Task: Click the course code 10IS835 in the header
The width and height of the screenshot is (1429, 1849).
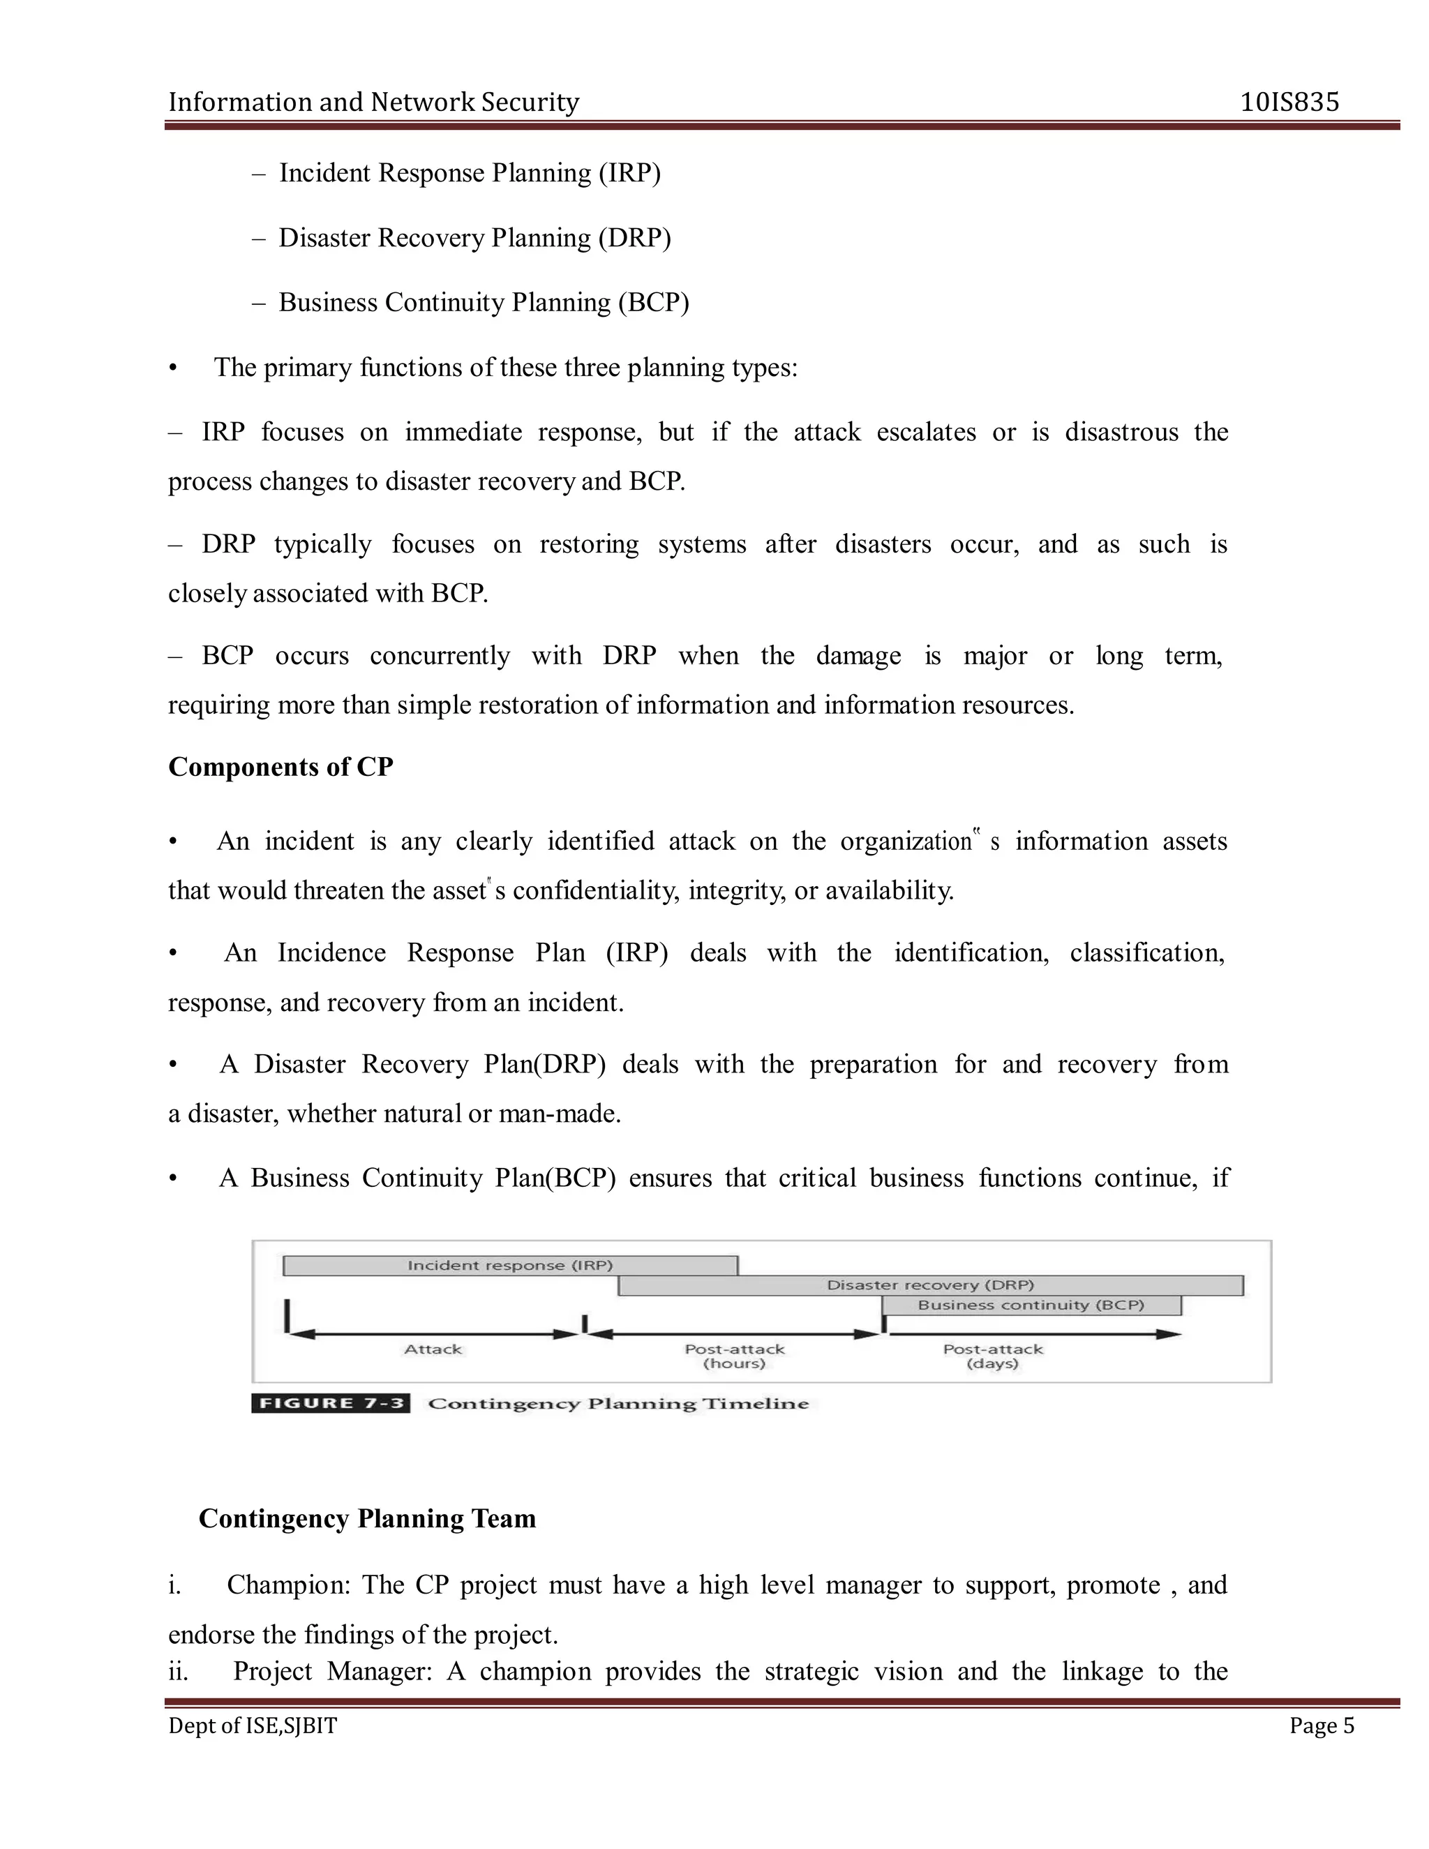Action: [1289, 103]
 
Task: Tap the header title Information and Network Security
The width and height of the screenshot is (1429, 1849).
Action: [373, 103]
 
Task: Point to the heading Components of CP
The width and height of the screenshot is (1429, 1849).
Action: [280, 767]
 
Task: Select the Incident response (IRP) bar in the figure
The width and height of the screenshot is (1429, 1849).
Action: [509, 1266]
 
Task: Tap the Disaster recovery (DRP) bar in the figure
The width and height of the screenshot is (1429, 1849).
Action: [929, 1285]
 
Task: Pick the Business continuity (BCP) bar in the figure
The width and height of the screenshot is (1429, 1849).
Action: [1031, 1305]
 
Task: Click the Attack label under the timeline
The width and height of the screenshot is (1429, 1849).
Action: [433, 1349]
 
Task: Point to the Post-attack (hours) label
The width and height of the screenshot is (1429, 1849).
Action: [734, 1356]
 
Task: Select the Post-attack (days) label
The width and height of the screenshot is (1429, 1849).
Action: [992, 1356]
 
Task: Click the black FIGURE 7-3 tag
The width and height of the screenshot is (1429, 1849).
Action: [331, 1404]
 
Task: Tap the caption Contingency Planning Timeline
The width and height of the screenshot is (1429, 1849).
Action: [618, 1404]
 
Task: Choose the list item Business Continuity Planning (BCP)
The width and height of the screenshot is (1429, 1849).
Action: [484, 302]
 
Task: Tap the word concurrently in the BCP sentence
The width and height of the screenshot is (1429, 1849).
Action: [440, 656]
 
